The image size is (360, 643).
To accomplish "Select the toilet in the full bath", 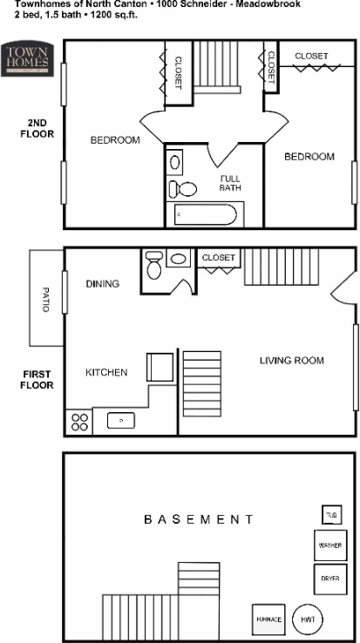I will [187, 189].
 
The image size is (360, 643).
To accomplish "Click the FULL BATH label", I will [230, 182].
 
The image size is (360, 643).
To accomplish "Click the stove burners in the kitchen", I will [78, 422].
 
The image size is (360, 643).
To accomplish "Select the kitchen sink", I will [120, 421].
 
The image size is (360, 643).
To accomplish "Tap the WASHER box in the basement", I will [329, 545].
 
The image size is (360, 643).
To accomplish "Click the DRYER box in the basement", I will [329, 578].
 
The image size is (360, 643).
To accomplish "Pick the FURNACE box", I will [268, 619].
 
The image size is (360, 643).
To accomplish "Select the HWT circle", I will [308, 619].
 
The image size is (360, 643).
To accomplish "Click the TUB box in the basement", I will [331, 515].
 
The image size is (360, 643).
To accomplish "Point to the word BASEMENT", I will [199, 519].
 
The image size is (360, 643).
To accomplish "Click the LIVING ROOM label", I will [292, 360].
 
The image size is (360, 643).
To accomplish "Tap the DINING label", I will [102, 284].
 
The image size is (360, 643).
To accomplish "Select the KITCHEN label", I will [106, 373].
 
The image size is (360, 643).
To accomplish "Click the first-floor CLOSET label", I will [219, 258].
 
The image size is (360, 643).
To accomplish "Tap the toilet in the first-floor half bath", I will [155, 266].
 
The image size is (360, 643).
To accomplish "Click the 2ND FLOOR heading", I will [37, 128].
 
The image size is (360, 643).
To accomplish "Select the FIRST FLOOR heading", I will [37, 379].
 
